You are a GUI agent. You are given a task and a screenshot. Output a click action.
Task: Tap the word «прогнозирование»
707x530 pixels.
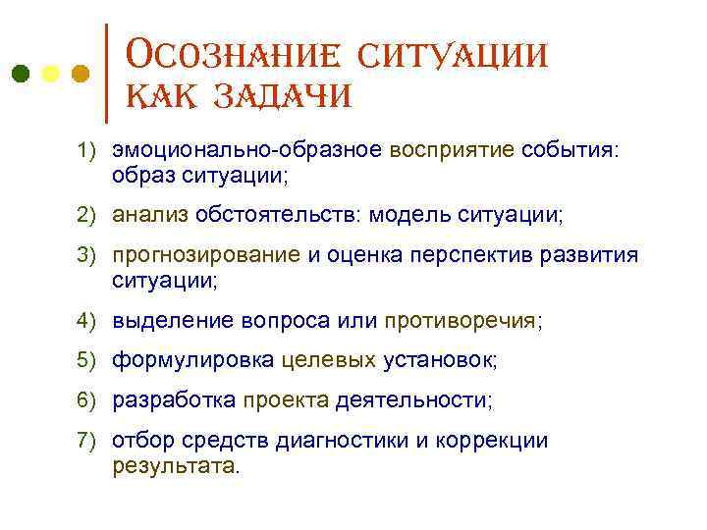click(x=206, y=256)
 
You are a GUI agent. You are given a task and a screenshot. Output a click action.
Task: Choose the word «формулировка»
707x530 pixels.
click(x=191, y=360)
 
